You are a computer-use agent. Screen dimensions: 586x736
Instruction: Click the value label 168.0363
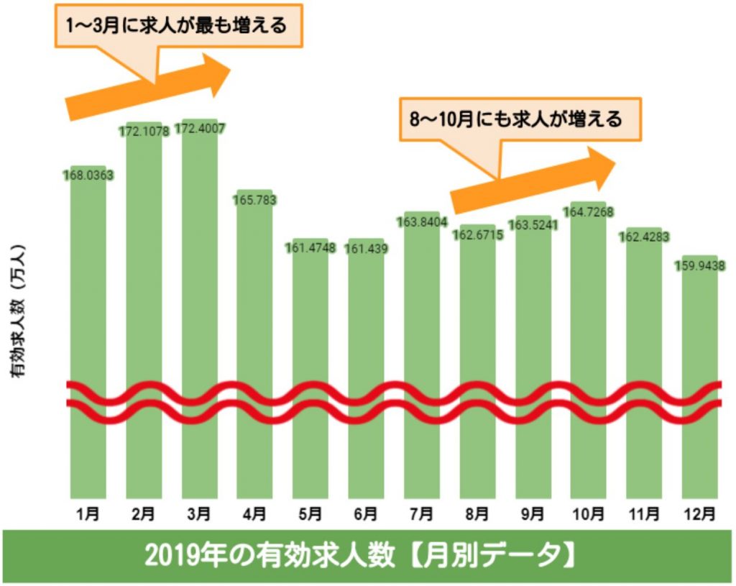pyautogui.click(x=88, y=175)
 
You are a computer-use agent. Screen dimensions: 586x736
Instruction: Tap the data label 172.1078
pyautogui.click(x=144, y=132)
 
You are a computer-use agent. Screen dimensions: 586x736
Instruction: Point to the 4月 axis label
pyautogui.click(x=254, y=514)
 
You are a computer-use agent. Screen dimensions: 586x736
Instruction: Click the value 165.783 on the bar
pyautogui.click(x=255, y=199)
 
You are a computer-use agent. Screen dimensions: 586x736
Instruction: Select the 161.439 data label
pyautogui.click(x=366, y=249)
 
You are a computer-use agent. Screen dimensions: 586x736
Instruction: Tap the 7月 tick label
pyautogui.click(x=421, y=514)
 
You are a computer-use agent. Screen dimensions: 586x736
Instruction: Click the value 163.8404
pyautogui.click(x=422, y=221)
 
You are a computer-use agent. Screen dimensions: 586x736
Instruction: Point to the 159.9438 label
pyautogui.click(x=699, y=266)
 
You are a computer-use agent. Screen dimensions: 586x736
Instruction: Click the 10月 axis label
pyautogui.click(x=588, y=514)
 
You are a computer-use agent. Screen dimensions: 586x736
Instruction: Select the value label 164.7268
pyautogui.click(x=588, y=212)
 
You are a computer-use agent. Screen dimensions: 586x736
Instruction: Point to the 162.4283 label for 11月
pyautogui.click(x=644, y=237)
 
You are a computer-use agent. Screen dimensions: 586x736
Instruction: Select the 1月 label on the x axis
pyautogui.click(x=88, y=514)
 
